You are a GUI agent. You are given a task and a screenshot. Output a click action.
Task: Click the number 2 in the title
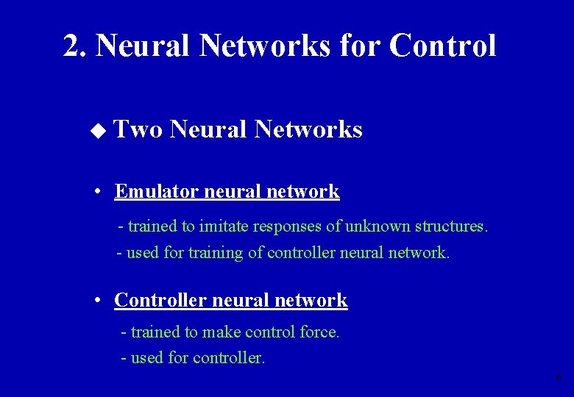[x=71, y=46]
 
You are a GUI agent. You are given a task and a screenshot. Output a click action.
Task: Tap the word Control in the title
[x=443, y=46]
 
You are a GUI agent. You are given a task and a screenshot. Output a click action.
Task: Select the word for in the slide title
[x=361, y=46]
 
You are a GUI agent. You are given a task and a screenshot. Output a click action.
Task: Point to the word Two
[x=138, y=130]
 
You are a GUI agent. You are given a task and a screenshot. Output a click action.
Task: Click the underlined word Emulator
[x=157, y=192]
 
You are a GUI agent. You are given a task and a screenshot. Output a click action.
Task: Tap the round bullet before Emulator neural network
[x=98, y=192]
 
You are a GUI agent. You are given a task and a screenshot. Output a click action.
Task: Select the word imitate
[x=225, y=226]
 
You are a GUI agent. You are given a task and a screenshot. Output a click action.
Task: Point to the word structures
[x=449, y=226]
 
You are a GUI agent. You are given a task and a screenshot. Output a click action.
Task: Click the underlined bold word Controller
[x=160, y=300]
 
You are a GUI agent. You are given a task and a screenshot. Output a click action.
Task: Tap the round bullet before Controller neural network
[x=98, y=300]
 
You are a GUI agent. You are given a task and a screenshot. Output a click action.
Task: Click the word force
[x=319, y=332]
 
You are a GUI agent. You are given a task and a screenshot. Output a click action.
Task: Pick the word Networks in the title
[x=264, y=46]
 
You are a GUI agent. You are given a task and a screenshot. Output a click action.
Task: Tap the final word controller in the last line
[x=229, y=359]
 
